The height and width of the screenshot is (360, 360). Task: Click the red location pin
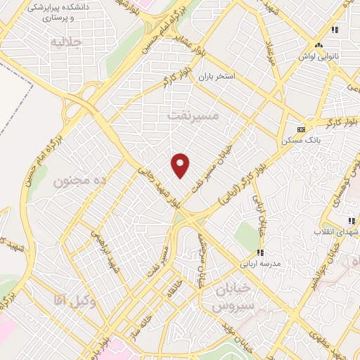tap(181, 165)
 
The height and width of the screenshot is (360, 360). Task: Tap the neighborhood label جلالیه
tap(67, 41)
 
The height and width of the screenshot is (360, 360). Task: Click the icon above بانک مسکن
tap(301, 129)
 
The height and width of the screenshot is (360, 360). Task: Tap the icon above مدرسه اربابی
tap(259, 252)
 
